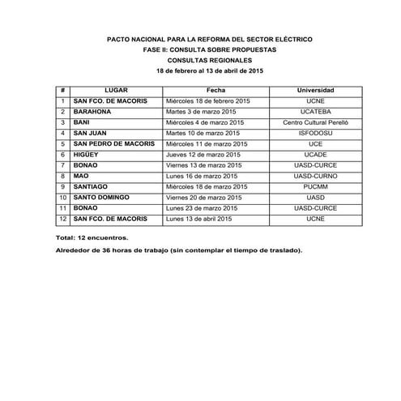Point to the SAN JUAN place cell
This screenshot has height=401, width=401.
[91, 132]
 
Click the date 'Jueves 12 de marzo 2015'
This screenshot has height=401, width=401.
[203, 154]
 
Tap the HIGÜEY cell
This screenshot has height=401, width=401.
[86, 154]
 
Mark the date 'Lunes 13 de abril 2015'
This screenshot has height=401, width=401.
[199, 219]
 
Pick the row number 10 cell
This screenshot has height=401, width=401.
[62, 197]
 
